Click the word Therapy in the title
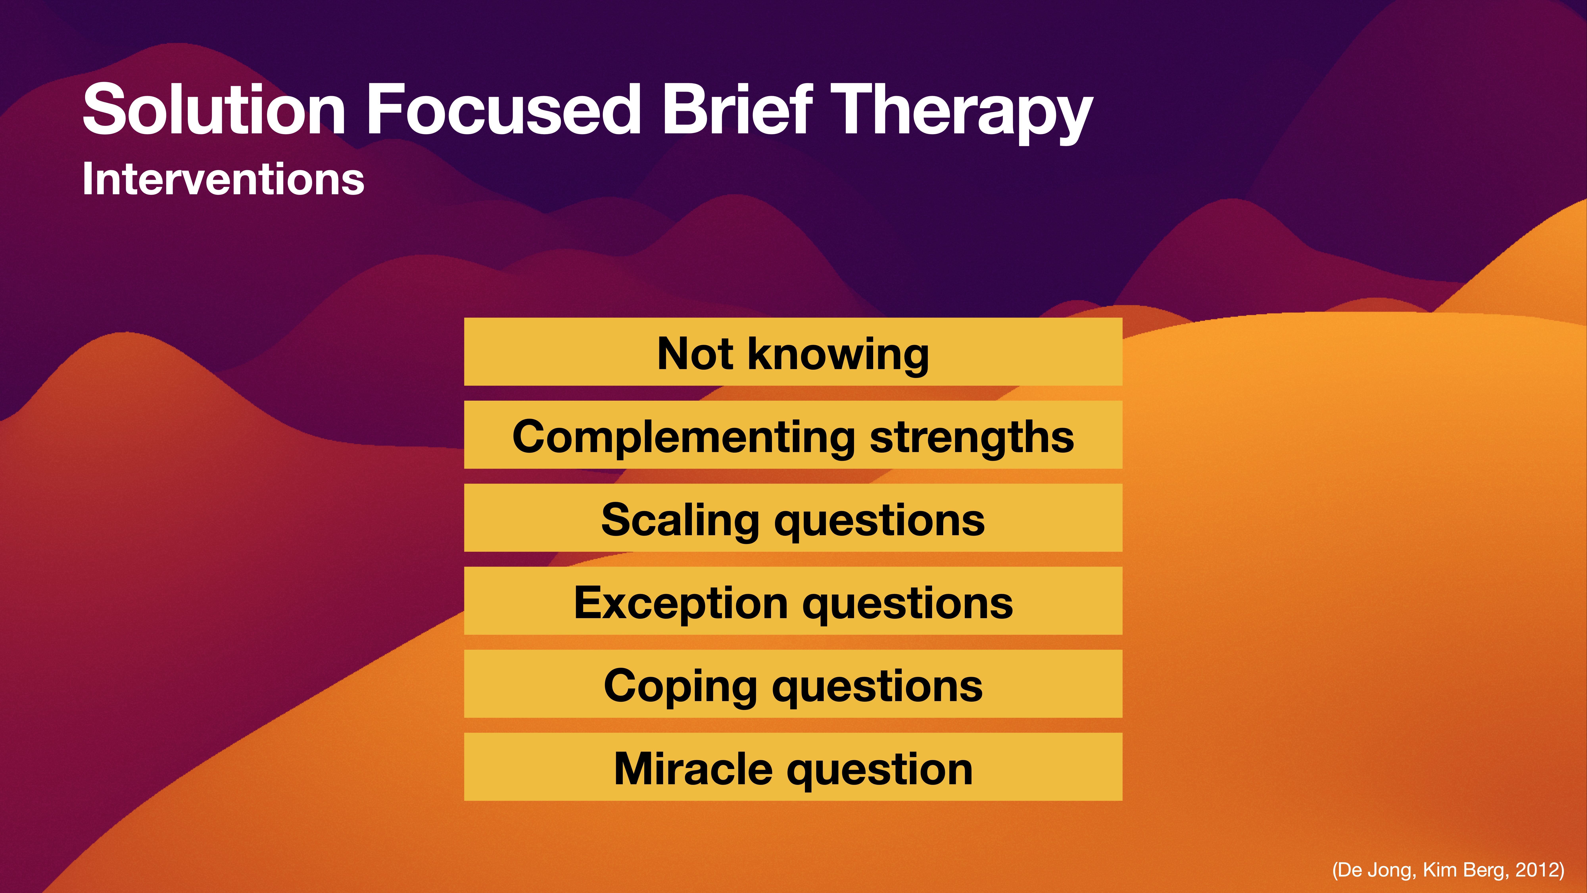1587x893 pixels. point(961,114)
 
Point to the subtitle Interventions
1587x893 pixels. point(223,179)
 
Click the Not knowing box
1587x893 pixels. point(793,352)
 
